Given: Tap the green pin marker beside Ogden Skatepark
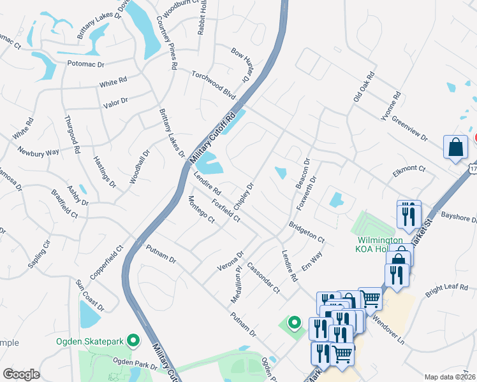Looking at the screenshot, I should coord(133,341).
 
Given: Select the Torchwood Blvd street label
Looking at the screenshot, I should coord(214,84).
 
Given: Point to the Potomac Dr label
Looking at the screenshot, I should coord(85,64).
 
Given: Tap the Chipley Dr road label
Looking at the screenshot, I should coord(244,197).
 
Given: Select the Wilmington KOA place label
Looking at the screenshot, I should coord(379,244).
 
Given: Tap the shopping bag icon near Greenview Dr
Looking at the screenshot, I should coord(457,147).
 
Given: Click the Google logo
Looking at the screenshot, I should coord(22,374).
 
